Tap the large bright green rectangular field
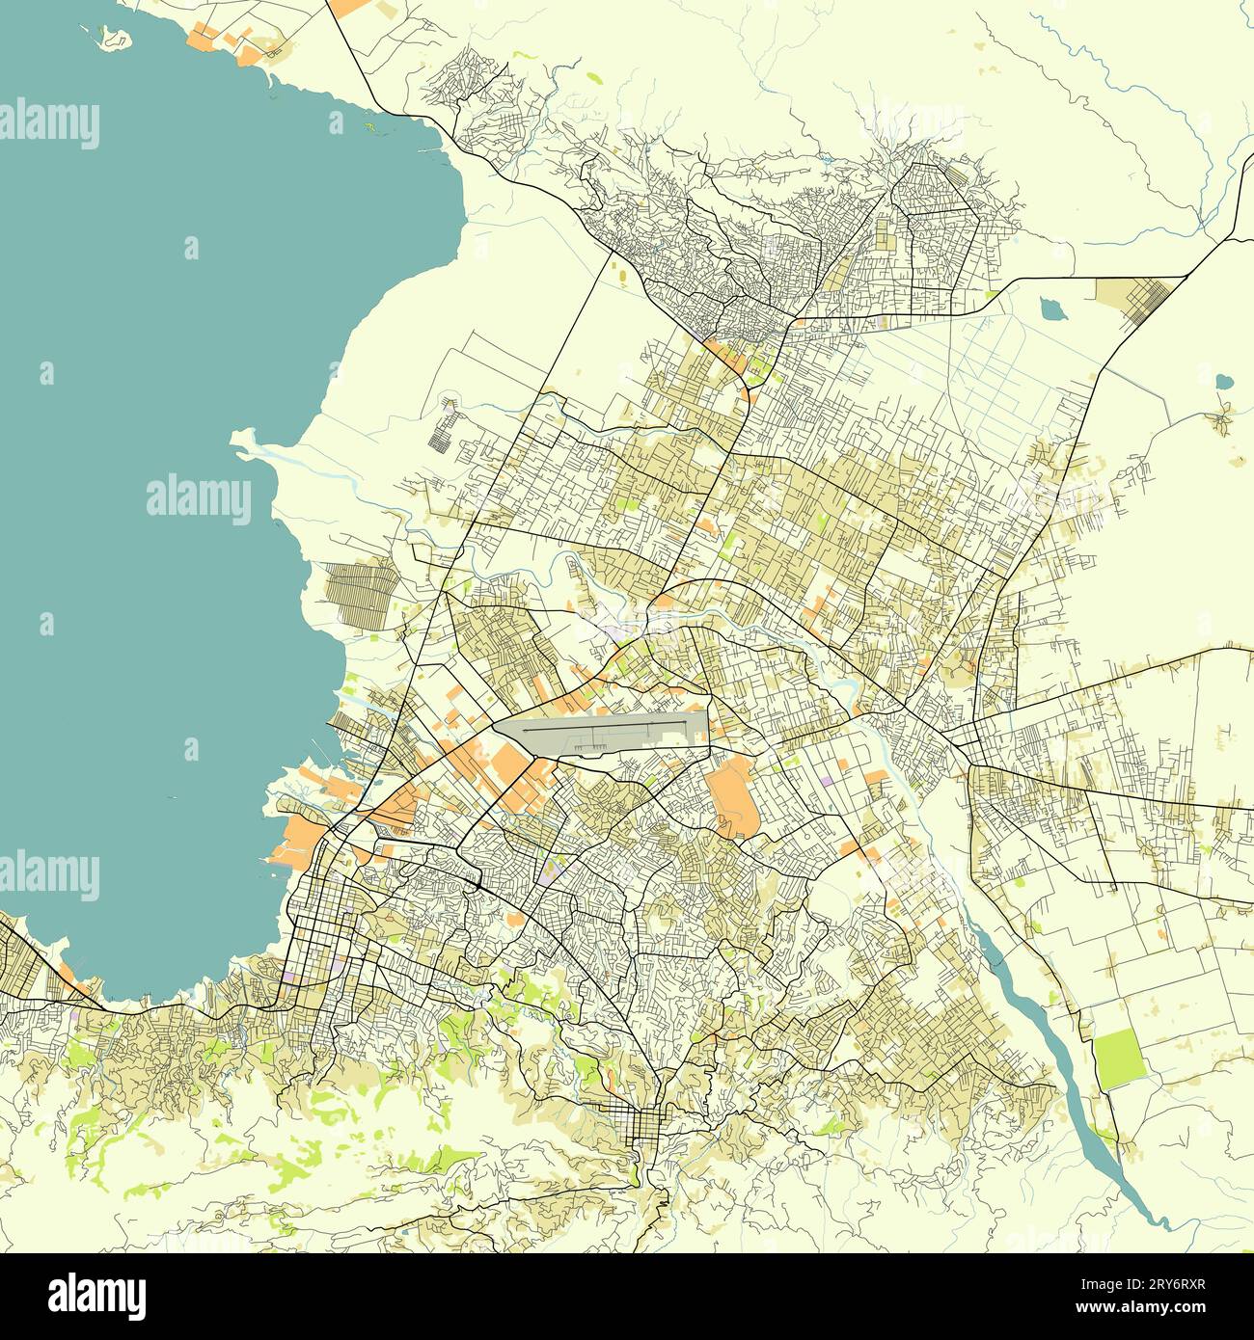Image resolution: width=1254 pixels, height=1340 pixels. click(x=1118, y=1059)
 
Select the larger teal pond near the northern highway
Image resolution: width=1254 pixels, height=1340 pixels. click(x=1050, y=309)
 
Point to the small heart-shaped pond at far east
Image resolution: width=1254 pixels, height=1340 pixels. click(x=1224, y=381)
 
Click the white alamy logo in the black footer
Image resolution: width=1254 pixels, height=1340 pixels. click(x=98, y=1292)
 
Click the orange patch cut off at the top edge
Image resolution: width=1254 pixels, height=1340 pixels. click(x=349, y=6)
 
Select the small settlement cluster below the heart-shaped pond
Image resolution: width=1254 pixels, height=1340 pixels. click(x=1223, y=419)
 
